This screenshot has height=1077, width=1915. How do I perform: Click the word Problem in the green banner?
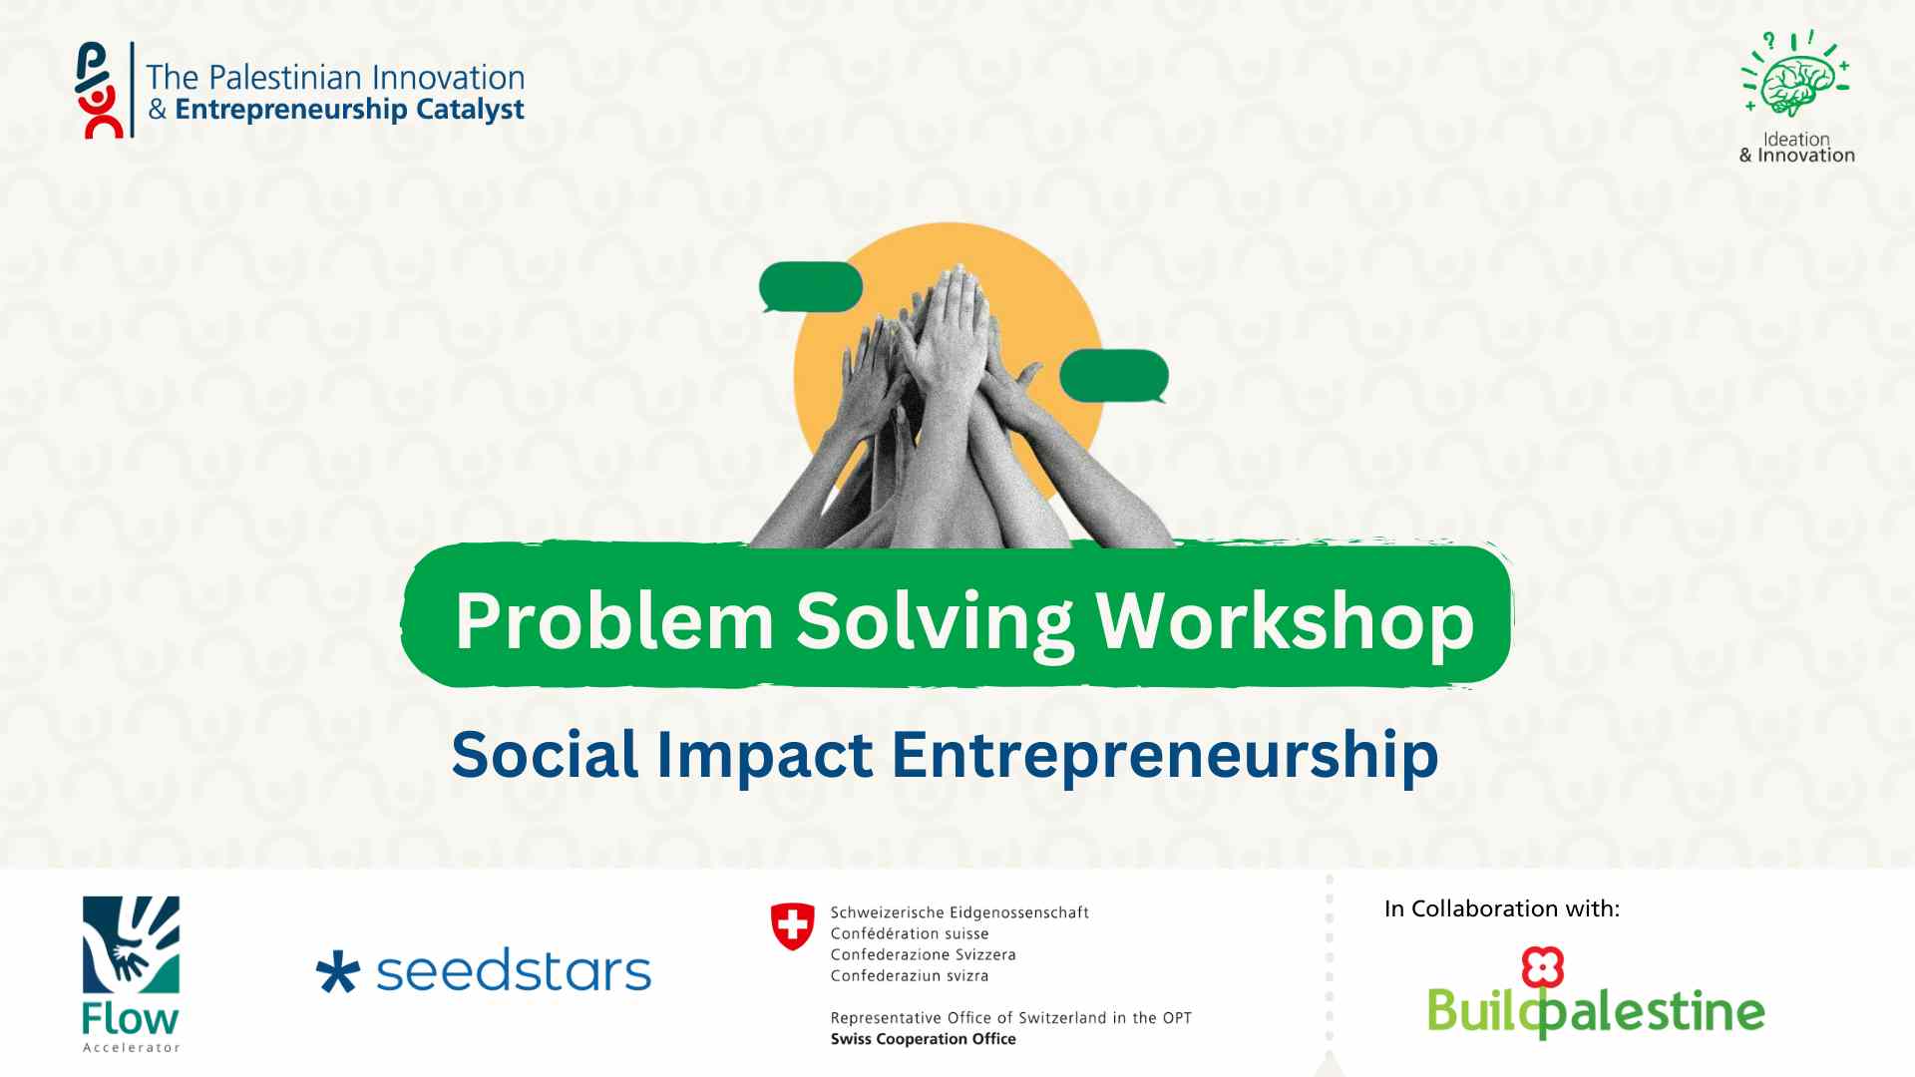click(614, 620)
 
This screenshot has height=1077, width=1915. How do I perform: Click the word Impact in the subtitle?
click(764, 756)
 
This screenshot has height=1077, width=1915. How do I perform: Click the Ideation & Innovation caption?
click(1796, 148)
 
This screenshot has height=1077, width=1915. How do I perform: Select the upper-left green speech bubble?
click(810, 287)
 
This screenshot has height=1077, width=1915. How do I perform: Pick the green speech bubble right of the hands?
click(1114, 376)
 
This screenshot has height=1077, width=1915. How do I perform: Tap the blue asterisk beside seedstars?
click(337, 972)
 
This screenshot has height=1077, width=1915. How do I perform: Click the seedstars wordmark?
click(514, 971)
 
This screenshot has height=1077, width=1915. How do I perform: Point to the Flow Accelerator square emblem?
click(131, 944)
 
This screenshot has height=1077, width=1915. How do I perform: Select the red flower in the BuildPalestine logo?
click(1542, 966)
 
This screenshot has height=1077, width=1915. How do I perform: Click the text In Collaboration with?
click(1502, 908)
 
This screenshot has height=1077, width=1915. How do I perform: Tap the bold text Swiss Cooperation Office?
click(924, 1039)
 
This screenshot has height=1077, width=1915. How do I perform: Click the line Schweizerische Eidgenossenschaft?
click(959, 912)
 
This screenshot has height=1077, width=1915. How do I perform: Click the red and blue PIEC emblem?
click(100, 90)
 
